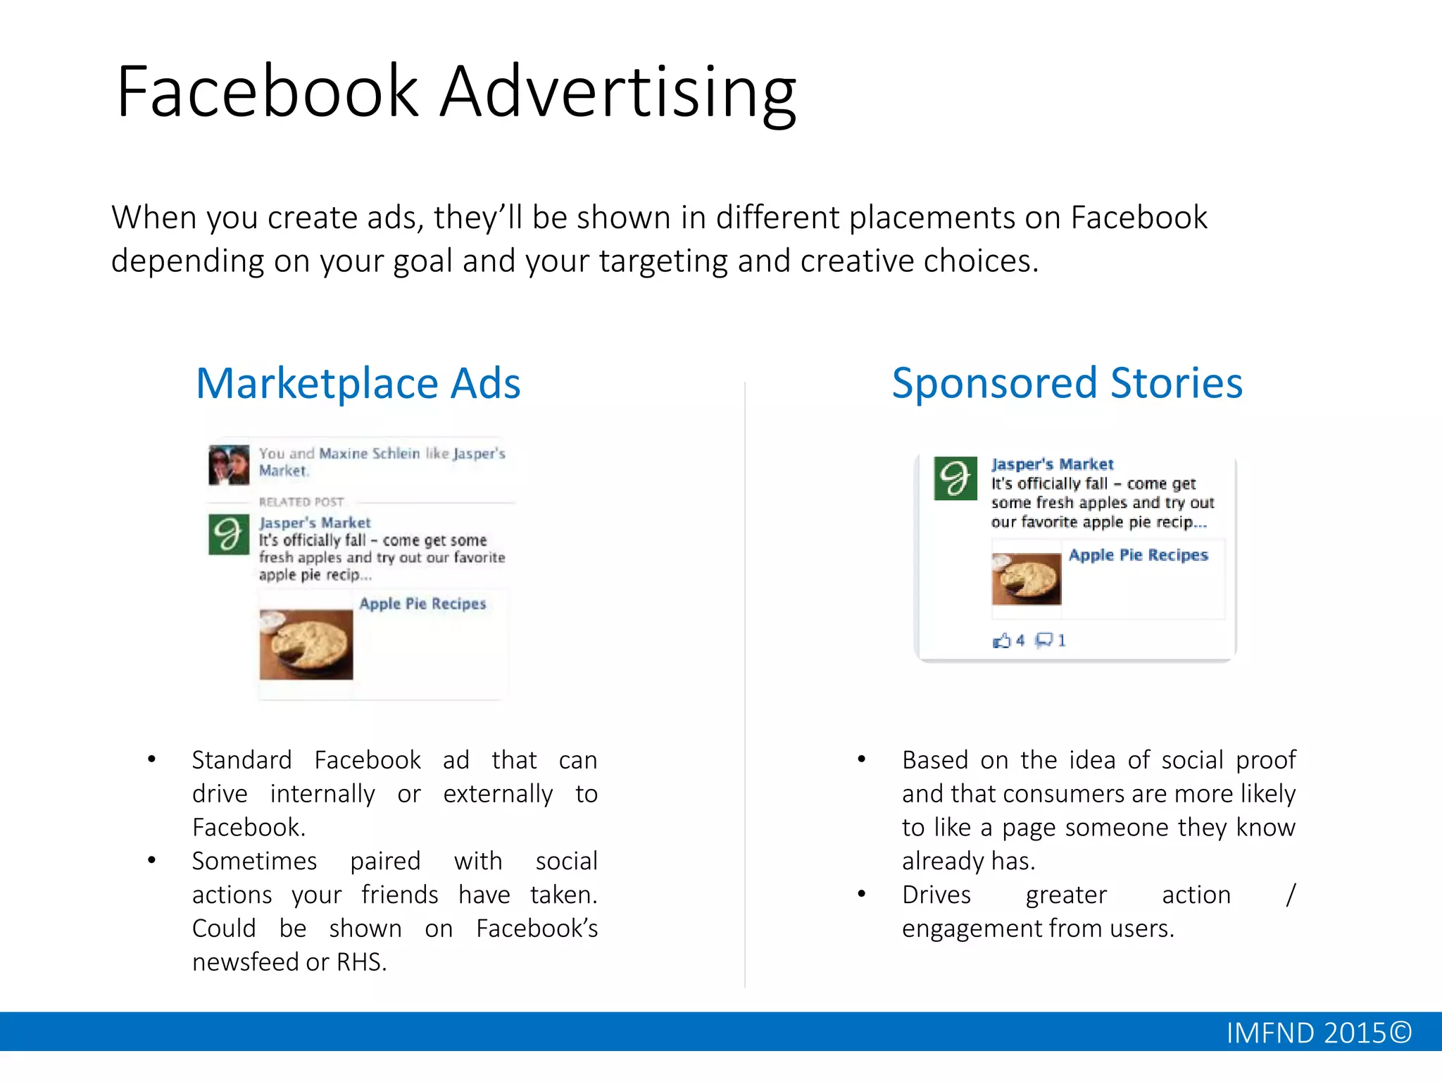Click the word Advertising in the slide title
[618, 93]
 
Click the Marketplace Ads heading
[358, 384]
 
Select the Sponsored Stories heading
[1067, 384]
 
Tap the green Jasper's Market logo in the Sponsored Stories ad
[955, 478]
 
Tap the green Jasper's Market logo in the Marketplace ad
[229, 535]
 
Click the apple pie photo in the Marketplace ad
[306, 645]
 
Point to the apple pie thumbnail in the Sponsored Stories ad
[1026, 578]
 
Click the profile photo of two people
[229, 465]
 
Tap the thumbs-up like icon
[1001, 640]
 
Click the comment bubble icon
[1043, 640]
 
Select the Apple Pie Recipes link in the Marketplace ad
[422, 604]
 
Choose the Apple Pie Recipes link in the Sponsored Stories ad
[1138, 555]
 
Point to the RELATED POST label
[301, 502]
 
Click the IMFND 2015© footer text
[1318, 1033]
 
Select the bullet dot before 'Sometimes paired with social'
[151, 860]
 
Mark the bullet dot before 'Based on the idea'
[861, 759]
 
